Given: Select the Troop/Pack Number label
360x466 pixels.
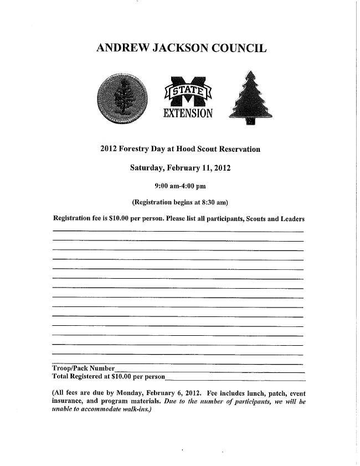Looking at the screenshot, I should [83, 368].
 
